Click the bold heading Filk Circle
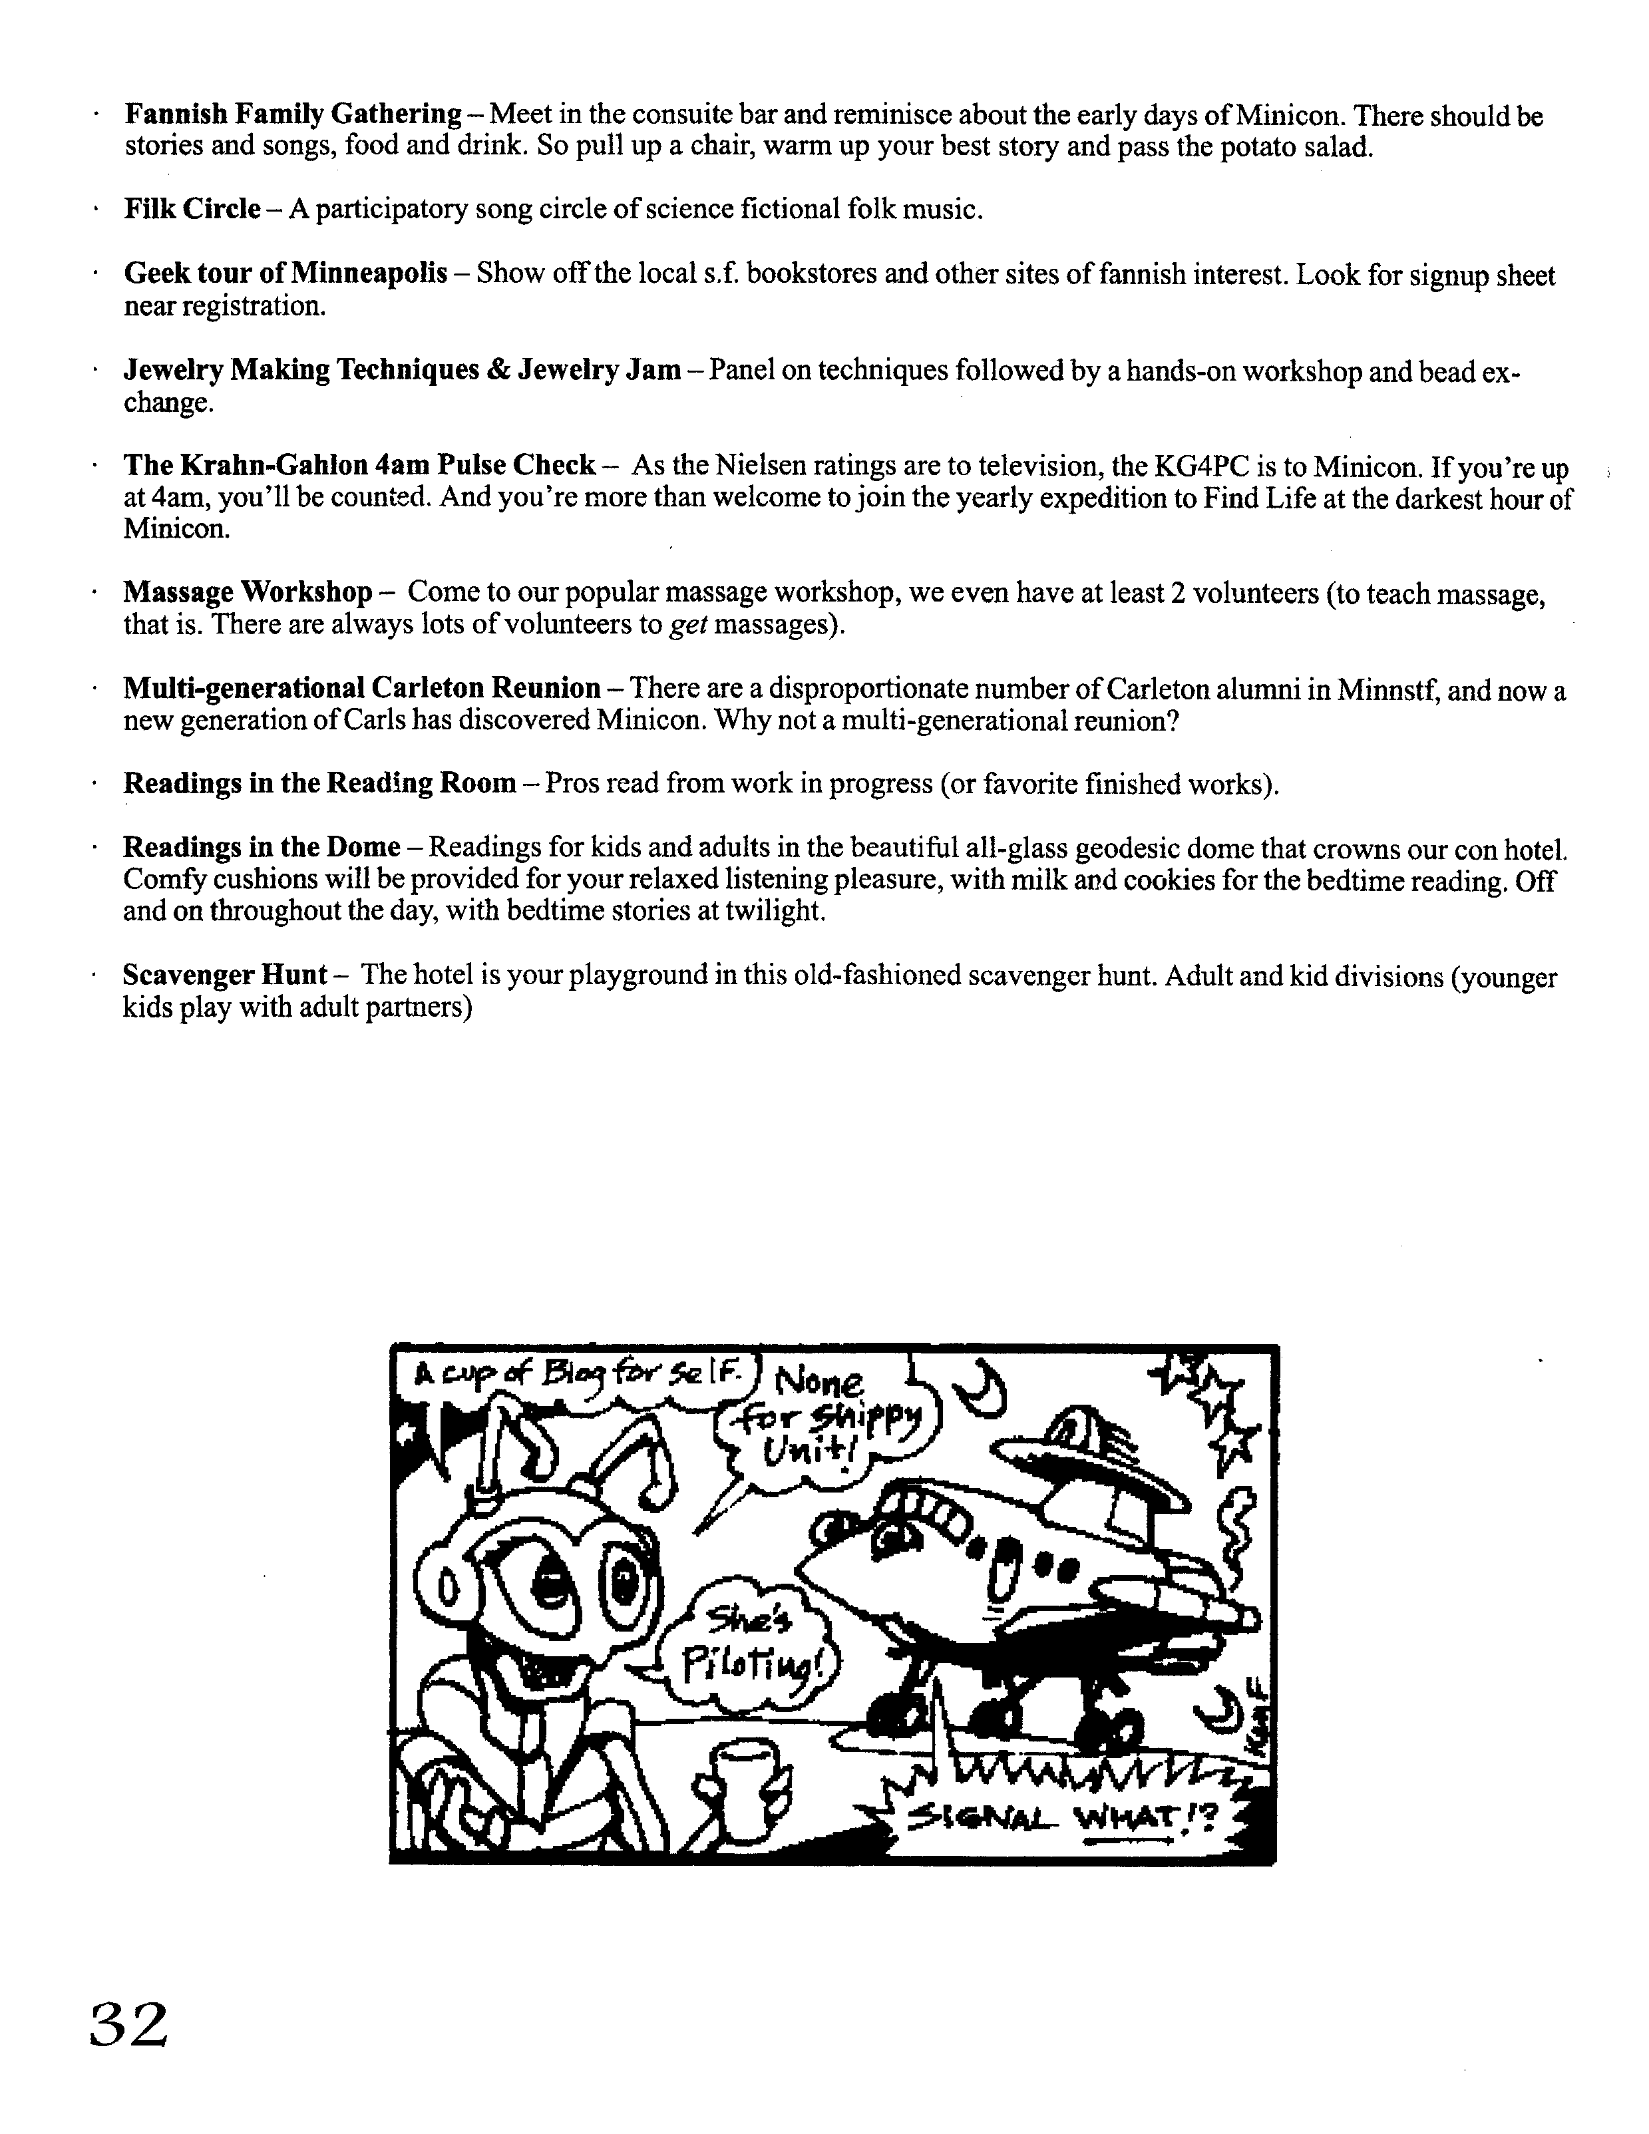(192, 209)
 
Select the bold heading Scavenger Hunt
(225, 974)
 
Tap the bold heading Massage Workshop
(247, 592)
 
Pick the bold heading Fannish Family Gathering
(293, 114)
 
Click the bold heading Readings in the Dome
(262, 846)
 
